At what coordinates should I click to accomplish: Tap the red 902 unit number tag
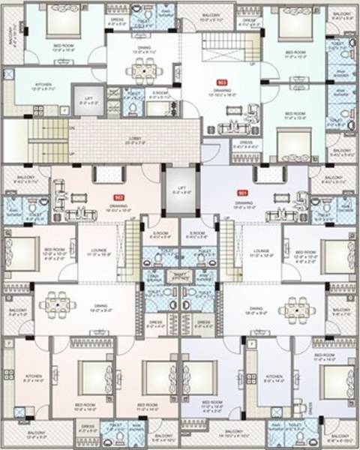pos(118,196)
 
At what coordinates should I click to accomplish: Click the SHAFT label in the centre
pos(180,274)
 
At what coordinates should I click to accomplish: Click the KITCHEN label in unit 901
pos(273,376)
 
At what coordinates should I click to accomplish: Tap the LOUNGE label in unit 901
pos(261,250)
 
